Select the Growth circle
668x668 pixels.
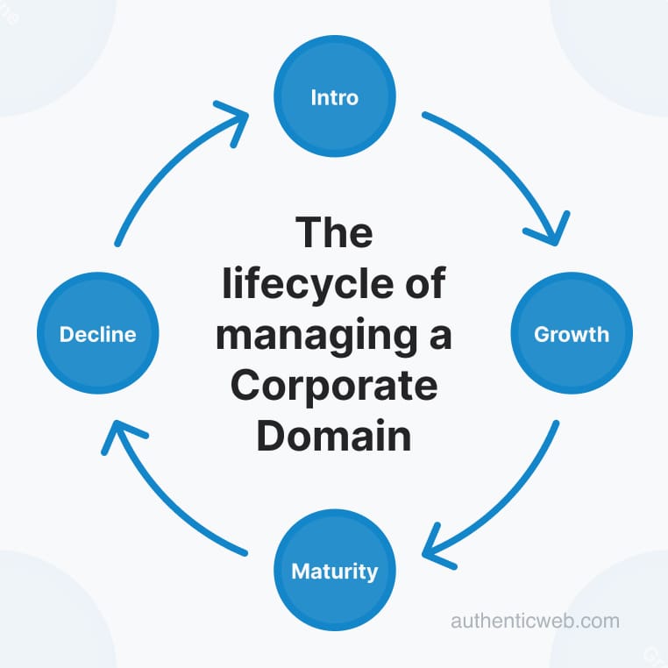571,334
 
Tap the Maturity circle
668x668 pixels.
335,572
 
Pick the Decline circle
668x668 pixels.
97,334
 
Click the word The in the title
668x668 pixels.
334,233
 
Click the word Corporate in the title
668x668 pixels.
334,386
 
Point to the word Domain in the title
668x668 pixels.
334,436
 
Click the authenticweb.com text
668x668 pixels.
535,622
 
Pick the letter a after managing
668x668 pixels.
439,337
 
